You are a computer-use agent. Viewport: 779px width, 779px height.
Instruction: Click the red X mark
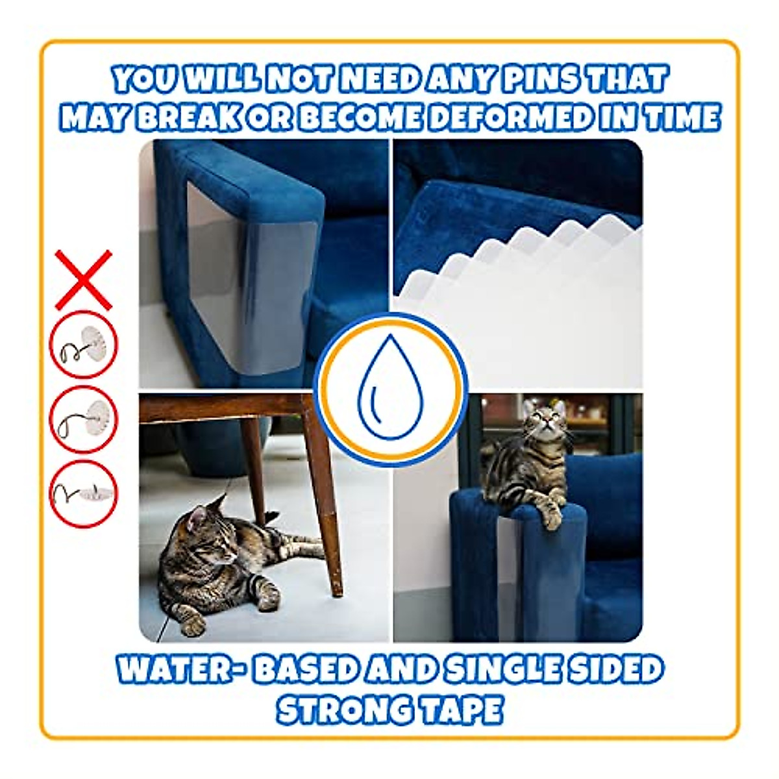pos(83,280)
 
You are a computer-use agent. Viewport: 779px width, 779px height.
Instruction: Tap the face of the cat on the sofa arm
pos(544,423)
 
